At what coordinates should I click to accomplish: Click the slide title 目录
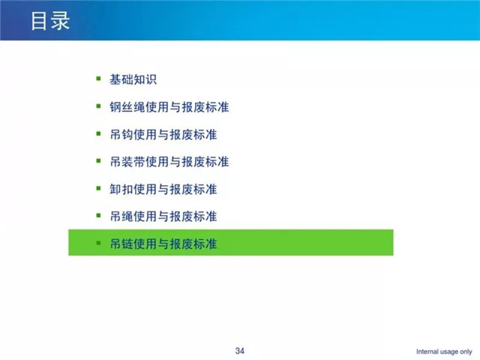click(x=50, y=21)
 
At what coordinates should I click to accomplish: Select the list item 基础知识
click(x=133, y=79)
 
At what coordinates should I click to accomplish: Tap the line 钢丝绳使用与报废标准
click(x=169, y=106)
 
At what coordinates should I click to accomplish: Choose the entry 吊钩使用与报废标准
click(x=163, y=134)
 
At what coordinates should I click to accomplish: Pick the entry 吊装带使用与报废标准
click(x=169, y=162)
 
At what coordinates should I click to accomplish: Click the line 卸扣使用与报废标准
click(x=163, y=189)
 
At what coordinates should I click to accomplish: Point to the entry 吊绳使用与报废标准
click(x=163, y=217)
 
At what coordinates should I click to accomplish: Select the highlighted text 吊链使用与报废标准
click(x=163, y=244)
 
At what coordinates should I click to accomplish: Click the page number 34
click(x=240, y=351)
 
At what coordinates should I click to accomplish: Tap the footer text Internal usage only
click(x=444, y=352)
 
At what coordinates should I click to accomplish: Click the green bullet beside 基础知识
click(x=98, y=79)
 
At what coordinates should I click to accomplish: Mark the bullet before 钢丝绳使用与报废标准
click(x=98, y=106)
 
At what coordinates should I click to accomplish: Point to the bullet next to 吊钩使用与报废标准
click(x=98, y=133)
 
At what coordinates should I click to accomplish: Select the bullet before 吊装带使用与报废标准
click(x=98, y=160)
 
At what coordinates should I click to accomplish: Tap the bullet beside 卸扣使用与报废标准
click(x=98, y=188)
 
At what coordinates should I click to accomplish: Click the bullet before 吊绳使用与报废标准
click(x=98, y=215)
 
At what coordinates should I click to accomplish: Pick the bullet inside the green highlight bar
click(x=98, y=243)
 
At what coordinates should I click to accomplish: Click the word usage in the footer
click(x=448, y=352)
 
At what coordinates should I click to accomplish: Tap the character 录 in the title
click(x=61, y=21)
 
